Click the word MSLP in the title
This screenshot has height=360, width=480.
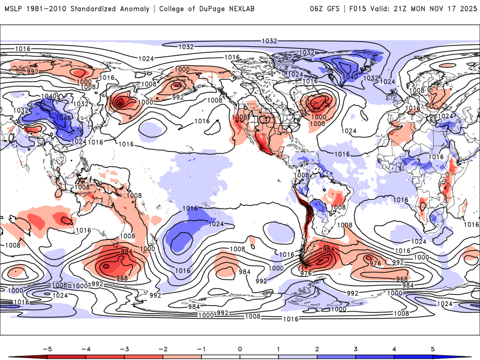click(14, 9)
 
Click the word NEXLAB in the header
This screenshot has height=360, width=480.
click(247, 9)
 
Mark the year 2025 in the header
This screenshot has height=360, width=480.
click(469, 9)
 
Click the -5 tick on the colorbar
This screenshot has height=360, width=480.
click(46, 348)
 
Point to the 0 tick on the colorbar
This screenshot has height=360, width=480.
click(240, 348)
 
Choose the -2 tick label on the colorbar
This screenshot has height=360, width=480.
click(162, 348)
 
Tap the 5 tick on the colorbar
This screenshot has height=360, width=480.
click(433, 348)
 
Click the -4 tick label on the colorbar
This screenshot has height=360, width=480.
click(85, 348)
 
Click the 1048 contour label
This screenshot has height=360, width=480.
click(63, 118)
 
